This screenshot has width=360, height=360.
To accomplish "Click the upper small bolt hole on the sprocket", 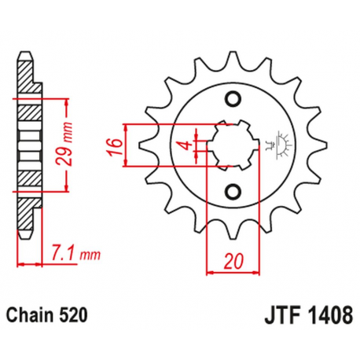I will pyautogui.click(x=232, y=98).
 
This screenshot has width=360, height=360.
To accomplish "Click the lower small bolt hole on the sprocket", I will pyautogui.click(x=232, y=190).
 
